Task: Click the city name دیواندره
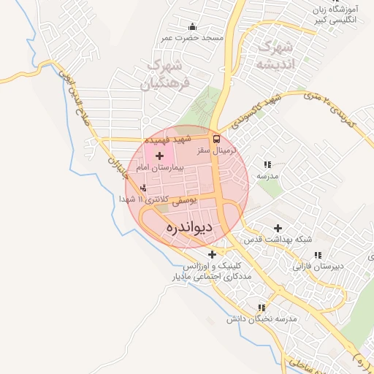point(189,227)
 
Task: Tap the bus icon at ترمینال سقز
point(216,138)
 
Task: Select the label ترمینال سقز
point(214,150)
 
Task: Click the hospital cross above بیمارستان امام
point(160,156)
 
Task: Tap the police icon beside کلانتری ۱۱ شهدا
point(142,188)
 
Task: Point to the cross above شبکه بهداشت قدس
point(278,228)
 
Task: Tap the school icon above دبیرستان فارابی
point(317,255)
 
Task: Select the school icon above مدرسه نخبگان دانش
point(262,308)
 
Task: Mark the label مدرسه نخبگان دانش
point(262,319)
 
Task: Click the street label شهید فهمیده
point(167,138)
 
